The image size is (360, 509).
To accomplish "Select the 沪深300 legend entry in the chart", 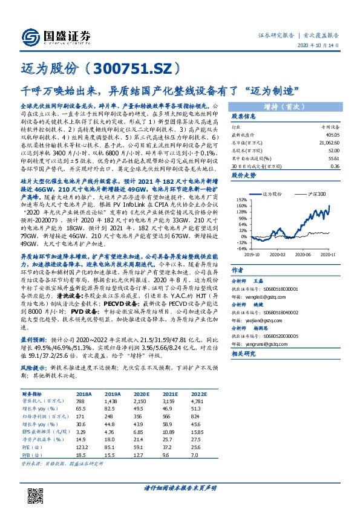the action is [x=314, y=194].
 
